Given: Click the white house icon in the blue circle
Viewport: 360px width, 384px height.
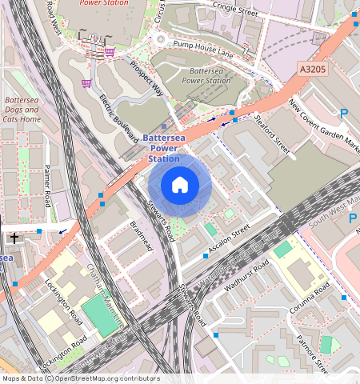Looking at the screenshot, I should (x=180, y=186).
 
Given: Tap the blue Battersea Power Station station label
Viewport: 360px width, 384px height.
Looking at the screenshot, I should (x=164, y=148).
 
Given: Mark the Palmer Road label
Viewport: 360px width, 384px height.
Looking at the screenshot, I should (x=47, y=186).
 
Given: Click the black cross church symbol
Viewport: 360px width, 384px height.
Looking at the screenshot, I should (x=14, y=238).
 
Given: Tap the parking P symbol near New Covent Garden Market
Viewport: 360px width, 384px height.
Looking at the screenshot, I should (x=343, y=114).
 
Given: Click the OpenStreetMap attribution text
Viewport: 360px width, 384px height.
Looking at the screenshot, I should (x=80, y=378).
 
